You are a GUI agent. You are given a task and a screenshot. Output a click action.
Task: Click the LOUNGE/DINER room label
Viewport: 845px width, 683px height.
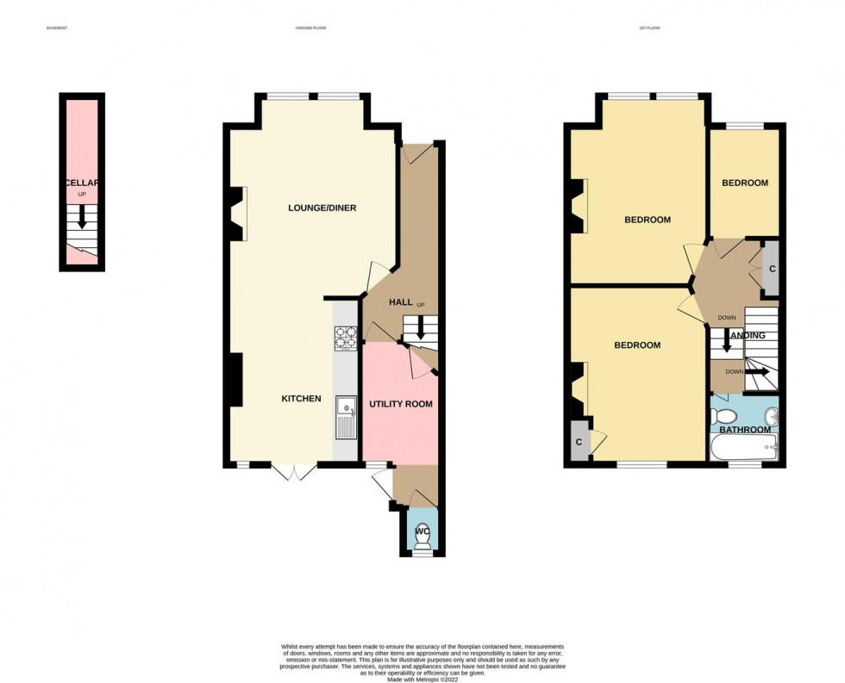[x=322, y=208]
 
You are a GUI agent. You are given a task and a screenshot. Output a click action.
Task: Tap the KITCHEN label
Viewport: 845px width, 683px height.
[x=301, y=399]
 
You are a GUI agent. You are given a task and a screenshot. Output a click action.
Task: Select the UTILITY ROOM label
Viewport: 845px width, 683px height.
[x=401, y=404]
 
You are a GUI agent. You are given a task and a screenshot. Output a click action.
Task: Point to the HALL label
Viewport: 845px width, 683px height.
[x=401, y=302]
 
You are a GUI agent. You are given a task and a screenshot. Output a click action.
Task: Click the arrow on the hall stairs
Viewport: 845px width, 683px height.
[x=420, y=326]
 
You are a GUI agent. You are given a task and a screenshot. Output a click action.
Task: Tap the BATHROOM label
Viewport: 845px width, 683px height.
[x=745, y=430]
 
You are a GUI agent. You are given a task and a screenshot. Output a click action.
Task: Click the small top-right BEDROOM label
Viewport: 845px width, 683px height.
[x=745, y=183]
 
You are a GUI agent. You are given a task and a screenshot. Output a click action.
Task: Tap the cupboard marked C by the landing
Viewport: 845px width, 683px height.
[x=772, y=268]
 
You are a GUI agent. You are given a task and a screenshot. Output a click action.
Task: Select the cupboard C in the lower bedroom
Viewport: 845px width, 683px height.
[x=579, y=443]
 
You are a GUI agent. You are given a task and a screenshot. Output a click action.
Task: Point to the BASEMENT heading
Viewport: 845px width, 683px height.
[x=56, y=28]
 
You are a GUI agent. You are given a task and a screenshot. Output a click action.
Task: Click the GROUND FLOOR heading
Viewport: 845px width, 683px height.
[x=310, y=28]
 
